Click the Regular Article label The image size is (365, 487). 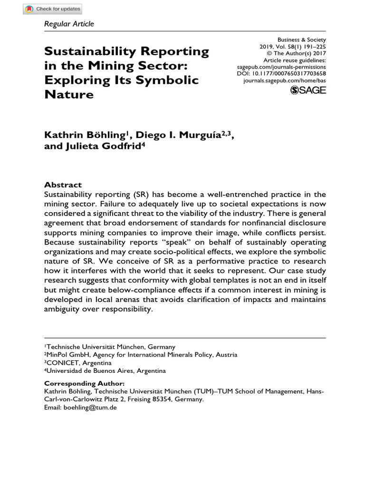pos(69,24)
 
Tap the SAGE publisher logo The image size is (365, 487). pos(307,90)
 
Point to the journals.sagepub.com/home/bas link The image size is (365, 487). pos(284,81)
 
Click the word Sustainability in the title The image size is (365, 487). pos(86,51)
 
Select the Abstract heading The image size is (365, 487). pos(63,185)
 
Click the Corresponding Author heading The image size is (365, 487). pos(84,383)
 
